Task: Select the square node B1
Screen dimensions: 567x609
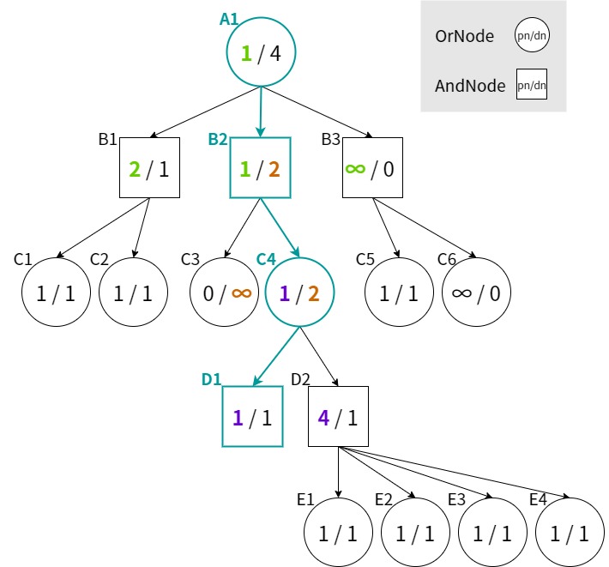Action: [149, 168]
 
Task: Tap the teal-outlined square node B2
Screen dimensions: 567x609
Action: [260, 168]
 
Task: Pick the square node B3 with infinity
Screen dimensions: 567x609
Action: [373, 168]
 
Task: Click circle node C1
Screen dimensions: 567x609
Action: [56, 293]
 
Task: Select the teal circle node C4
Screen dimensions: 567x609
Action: [299, 293]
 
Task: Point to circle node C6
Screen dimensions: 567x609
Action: [476, 293]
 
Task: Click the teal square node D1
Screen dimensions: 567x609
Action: [252, 417]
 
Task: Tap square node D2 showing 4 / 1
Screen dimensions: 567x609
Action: [338, 417]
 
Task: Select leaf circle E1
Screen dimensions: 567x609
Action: [338, 533]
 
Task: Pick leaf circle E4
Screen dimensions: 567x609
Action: [569, 533]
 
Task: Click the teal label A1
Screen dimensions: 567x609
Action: [229, 19]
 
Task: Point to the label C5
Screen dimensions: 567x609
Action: [365, 258]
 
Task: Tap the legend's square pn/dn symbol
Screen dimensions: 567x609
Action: [532, 85]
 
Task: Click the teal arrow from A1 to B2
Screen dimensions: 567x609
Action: [260, 112]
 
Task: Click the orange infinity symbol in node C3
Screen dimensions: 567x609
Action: [241, 293]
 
